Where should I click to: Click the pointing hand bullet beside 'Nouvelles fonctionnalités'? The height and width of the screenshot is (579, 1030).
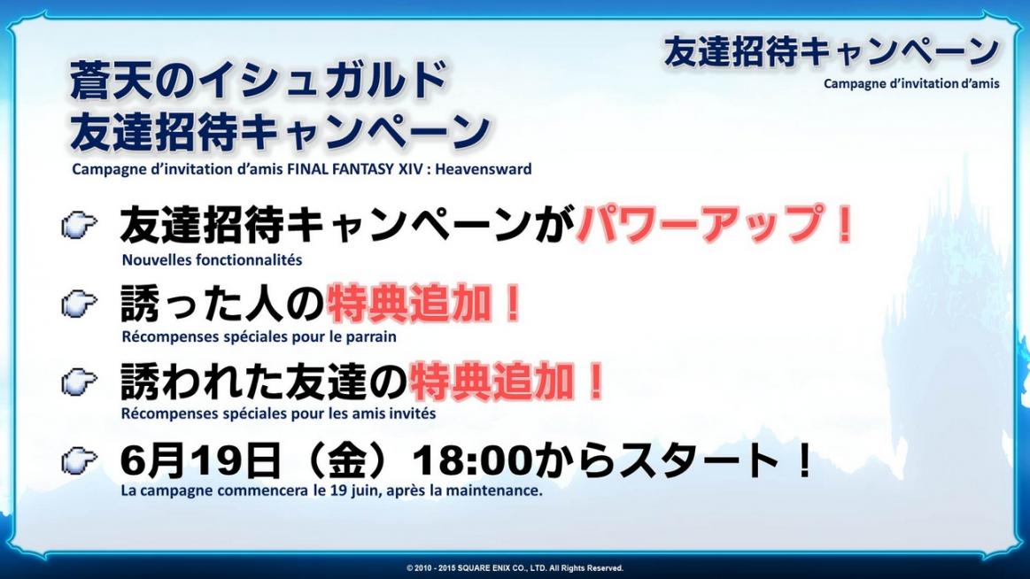pos(80,226)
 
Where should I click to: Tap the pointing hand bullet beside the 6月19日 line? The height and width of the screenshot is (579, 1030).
pos(80,460)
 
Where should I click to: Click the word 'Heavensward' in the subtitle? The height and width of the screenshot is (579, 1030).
pos(484,169)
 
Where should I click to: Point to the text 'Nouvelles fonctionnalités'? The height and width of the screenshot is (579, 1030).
pos(213,260)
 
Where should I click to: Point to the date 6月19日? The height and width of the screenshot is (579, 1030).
pos(201,459)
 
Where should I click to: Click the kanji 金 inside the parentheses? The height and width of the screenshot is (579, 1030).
pos(347,459)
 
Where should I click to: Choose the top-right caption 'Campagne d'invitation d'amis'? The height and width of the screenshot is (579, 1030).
pos(911,83)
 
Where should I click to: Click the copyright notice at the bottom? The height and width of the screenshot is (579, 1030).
pos(515,567)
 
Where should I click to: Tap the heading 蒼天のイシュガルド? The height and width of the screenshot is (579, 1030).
pos(259,80)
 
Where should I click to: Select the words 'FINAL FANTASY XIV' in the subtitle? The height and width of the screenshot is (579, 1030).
pos(359,169)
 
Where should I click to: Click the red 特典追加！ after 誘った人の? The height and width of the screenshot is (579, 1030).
pos(424,304)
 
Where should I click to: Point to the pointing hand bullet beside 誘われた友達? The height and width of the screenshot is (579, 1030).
pos(80,382)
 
